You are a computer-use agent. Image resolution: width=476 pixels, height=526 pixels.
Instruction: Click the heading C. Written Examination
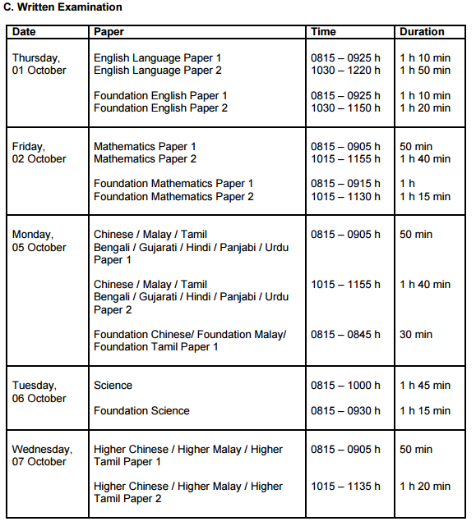(63, 7)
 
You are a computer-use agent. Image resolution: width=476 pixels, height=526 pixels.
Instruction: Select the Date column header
(24, 32)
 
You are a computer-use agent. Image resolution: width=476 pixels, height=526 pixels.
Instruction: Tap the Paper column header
(109, 32)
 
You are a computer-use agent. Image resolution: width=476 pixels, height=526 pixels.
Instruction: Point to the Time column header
(323, 32)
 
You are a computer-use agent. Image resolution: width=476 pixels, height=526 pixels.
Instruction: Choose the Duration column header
(421, 32)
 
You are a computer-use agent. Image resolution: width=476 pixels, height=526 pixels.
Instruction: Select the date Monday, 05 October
(39, 240)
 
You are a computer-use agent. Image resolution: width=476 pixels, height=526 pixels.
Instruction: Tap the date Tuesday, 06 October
(39, 391)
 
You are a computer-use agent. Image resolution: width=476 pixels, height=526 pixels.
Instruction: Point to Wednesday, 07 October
(42, 455)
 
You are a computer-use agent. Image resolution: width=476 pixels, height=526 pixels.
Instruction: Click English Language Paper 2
(157, 71)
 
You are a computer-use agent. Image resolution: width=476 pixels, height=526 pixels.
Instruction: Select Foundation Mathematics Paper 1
(173, 184)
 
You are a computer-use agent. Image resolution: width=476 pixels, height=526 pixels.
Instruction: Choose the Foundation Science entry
(141, 410)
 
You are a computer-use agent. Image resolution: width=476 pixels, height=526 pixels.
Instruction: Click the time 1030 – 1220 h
(345, 71)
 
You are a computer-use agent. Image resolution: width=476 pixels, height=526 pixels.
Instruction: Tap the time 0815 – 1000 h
(345, 386)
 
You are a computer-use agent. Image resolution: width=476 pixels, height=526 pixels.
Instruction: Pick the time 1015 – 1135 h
(345, 487)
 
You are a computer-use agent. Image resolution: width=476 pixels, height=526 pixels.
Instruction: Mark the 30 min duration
(416, 335)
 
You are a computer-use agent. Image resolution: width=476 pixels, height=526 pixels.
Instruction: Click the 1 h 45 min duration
(425, 386)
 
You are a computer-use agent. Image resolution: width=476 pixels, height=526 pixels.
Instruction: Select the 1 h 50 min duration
(425, 71)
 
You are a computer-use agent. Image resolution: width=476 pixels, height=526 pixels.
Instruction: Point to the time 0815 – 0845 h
(345, 335)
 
